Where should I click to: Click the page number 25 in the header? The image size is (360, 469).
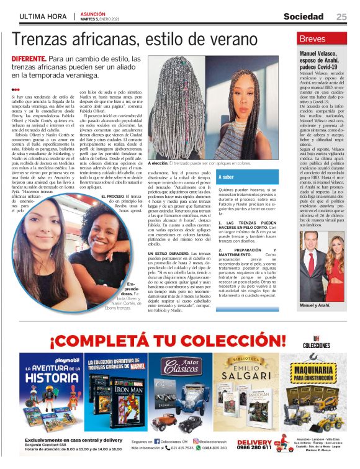pos(341,16)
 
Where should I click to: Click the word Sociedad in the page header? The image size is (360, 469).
pos(304,16)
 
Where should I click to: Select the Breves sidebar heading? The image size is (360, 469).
pos(294,39)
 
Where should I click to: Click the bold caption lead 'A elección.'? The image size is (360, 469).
pos(164,163)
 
